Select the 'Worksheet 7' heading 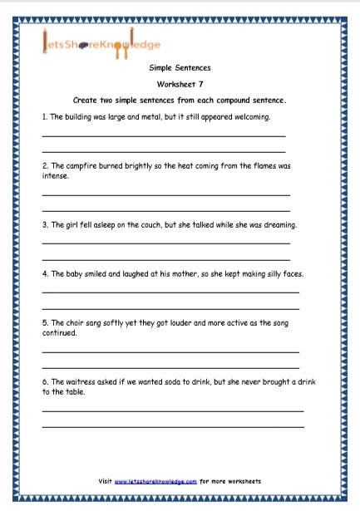179,85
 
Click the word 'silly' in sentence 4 265,273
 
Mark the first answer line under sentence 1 163,136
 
